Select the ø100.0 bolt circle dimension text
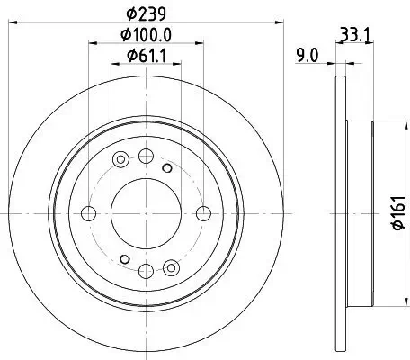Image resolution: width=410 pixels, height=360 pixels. [x=146, y=36]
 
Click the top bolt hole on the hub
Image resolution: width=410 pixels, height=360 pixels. [x=146, y=156]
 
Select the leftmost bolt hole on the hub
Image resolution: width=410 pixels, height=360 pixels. [x=88, y=213]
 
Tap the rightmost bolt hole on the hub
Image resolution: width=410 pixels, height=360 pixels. [x=203, y=213]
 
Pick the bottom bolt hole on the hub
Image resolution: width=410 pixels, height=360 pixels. [x=146, y=270]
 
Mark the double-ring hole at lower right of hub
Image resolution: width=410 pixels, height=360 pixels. [x=171, y=265]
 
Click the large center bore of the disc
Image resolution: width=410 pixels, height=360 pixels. [x=146, y=213]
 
